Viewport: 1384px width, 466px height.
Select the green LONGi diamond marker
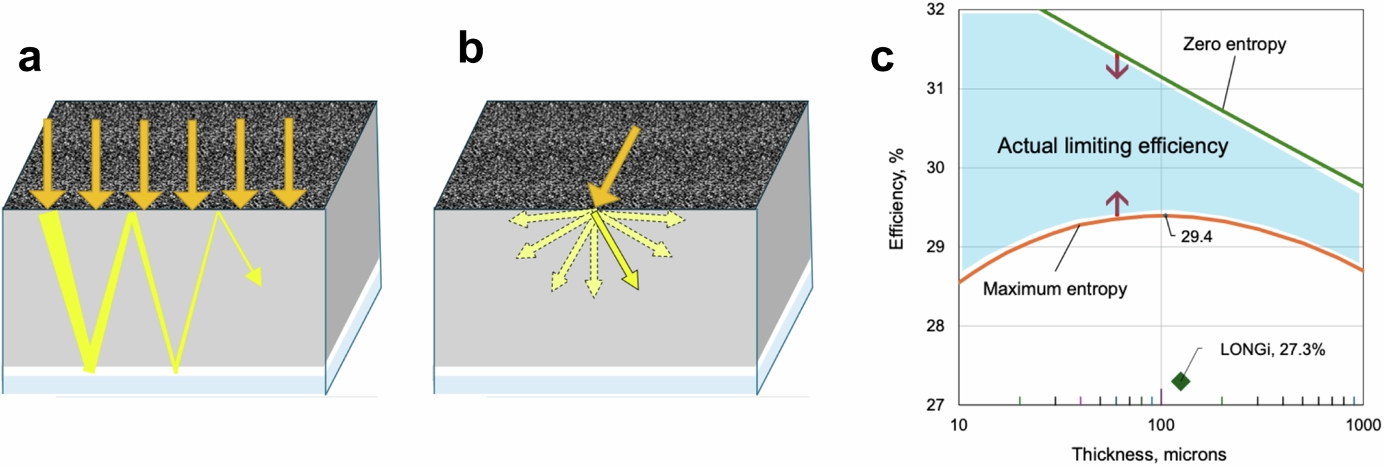tap(1181, 381)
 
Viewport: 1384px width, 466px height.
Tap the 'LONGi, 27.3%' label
tap(1272, 350)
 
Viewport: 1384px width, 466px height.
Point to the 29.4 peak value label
tap(1196, 237)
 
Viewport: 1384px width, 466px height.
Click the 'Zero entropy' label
tap(1235, 44)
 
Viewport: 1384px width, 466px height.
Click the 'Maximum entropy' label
tap(1055, 289)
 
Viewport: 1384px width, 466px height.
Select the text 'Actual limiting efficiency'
tap(1112, 146)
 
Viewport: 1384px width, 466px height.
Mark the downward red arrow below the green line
tap(1117, 65)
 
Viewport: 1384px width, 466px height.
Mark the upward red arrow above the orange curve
tap(1117, 203)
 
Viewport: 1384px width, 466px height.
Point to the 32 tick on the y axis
tap(935, 10)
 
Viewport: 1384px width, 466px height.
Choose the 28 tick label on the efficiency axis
tap(935, 325)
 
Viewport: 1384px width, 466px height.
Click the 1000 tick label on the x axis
tap(1363, 425)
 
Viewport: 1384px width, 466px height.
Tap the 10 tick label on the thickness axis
tap(958, 425)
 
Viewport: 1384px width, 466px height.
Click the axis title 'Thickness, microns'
tap(1149, 454)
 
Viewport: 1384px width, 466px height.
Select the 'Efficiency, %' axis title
tap(897, 199)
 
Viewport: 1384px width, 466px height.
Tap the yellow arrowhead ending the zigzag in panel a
tap(254, 276)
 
